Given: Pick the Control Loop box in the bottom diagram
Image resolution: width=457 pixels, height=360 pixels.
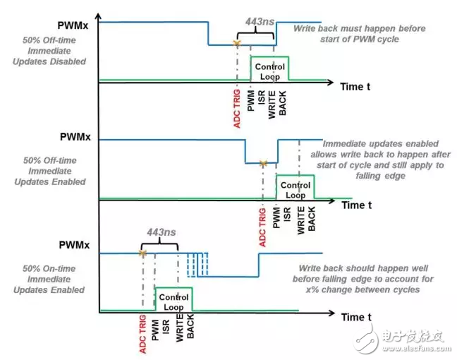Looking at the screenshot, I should click(x=173, y=301).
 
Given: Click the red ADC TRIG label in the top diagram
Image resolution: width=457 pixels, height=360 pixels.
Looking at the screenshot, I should click(x=237, y=107).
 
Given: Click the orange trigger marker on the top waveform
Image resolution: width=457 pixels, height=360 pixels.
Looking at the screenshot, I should click(x=238, y=44).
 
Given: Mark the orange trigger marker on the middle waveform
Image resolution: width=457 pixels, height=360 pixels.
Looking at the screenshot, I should click(x=263, y=163).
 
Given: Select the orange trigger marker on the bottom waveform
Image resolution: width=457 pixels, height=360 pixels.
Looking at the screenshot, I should click(x=142, y=253).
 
